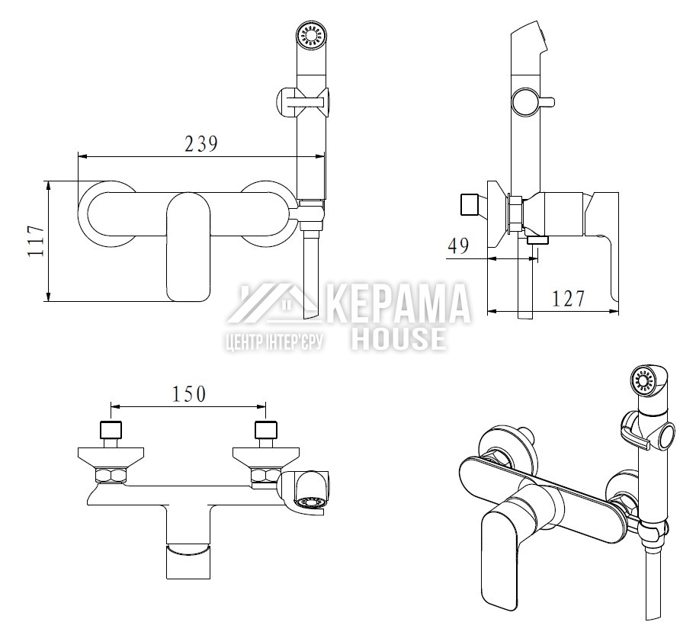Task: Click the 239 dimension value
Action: click(x=201, y=143)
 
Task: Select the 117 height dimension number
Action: click(x=36, y=241)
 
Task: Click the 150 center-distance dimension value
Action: click(x=189, y=393)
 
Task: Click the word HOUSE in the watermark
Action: click(x=399, y=338)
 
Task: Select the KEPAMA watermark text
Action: click(x=399, y=303)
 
